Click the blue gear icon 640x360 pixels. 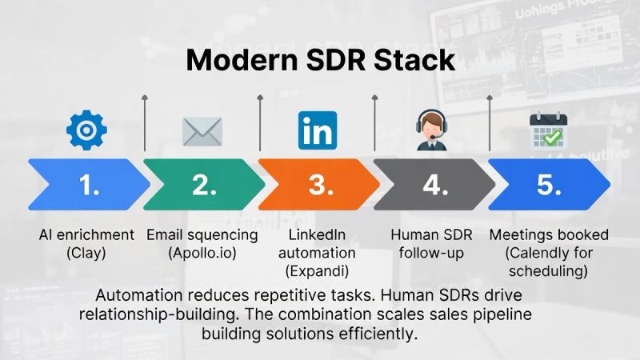coord(86,130)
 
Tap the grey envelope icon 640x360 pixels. coord(202,131)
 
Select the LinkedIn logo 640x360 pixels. coord(318,130)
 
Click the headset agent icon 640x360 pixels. coord(432,130)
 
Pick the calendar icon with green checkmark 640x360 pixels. coord(548,130)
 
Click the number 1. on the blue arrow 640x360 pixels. coord(89,185)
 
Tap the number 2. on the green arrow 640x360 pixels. coord(205,185)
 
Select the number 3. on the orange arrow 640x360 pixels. coord(321,185)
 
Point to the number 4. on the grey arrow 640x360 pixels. coord(435,185)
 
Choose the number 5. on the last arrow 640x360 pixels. coord(549,185)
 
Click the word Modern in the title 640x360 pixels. coord(242,60)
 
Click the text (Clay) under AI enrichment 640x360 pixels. coord(86,254)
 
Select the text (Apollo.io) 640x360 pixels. coord(202,254)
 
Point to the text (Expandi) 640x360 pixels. coord(317,271)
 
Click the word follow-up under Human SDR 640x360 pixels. coord(431,254)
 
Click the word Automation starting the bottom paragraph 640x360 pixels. coord(139,295)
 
